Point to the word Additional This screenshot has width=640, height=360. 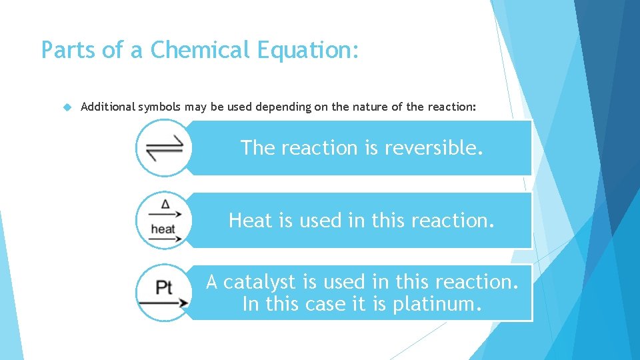coord(108,106)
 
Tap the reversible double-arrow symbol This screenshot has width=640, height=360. coord(164,148)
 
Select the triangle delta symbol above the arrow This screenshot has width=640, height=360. coord(165,204)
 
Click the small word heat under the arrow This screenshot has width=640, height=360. coord(163,229)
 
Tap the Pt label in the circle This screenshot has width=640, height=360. coord(164,287)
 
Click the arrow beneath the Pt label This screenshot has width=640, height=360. coord(164,303)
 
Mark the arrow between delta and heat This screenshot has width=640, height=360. coord(165,215)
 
